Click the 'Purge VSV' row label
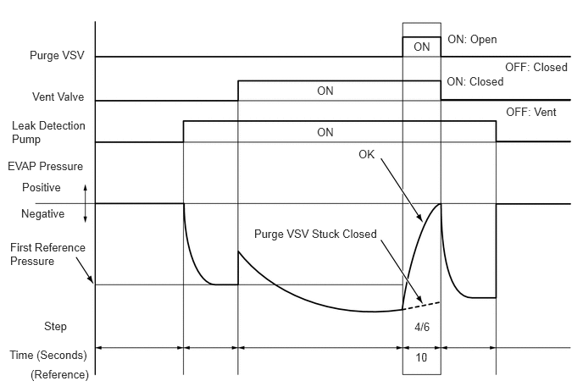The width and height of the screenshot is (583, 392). pyautogui.click(x=57, y=55)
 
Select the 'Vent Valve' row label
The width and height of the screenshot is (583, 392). pyautogui.click(x=58, y=97)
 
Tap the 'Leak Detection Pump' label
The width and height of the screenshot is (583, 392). pyautogui.click(x=48, y=132)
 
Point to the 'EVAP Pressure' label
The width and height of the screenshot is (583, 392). pyautogui.click(x=46, y=166)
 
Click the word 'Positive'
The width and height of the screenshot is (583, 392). pyautogui.click(x=42, y=187)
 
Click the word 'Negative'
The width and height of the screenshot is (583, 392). pyautogui.click(x=42, y=213)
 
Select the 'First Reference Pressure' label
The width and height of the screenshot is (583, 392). pyautogui.click(x=47, y=254)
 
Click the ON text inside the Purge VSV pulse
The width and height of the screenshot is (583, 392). pyautogui.click(x=422, y=47)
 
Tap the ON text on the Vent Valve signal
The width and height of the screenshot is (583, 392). pyautogui.click(x=325, y=91)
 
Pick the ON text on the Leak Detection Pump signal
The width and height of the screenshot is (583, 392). pyautogui.click(x=325, y=132)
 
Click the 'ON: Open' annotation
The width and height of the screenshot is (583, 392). pyautogui.click(x=472, y=40)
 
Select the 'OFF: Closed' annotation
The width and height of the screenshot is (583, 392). pyautogui.click(x=536, y=67)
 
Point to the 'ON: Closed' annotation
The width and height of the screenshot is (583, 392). pyautogui.click(x=475, y=82)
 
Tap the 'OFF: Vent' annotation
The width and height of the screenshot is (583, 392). pyautogui.click(x=531, y=113)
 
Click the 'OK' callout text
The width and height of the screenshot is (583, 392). pyautogui.click(x=367, y=154)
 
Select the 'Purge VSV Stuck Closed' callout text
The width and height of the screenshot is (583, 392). pyautogui.click(x=315, y=234)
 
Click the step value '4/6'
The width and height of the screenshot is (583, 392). pyautogui.click(x=422, y=327)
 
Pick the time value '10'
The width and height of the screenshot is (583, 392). pyautogui.click(x=421, y=357)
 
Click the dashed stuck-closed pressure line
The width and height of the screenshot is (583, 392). pyautogui.click(x=422, y=306)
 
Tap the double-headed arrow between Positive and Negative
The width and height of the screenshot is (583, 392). pyautogui.click(x=85, y=203)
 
